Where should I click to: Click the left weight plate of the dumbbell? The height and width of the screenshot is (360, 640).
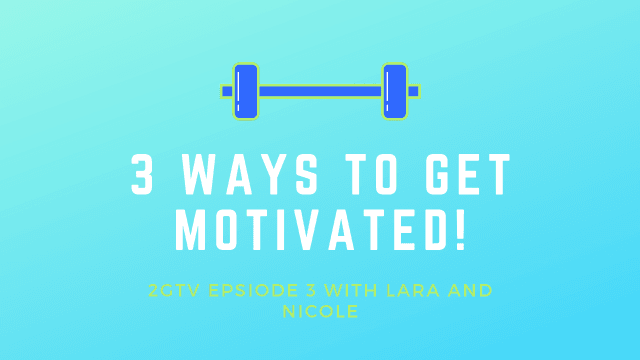(x=245, y=91)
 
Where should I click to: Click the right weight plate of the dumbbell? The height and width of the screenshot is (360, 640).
(x=395, y=91)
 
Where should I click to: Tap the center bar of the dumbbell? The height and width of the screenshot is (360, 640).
(x=320, y=91)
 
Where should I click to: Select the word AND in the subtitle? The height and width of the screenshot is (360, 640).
(x=466, y=292)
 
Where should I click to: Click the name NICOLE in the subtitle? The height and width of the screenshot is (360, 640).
(x=320, y=312)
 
